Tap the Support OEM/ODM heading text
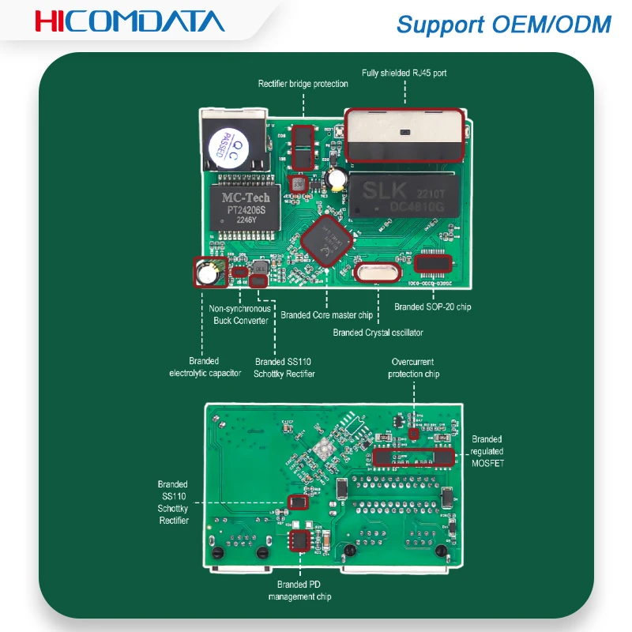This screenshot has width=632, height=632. coord(503,24)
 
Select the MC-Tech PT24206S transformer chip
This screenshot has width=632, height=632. coord(245,209)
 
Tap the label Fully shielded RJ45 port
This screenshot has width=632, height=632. coord(404,73)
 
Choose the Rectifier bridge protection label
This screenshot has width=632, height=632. coord(303,84)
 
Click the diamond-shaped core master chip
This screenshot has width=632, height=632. coord(325,242)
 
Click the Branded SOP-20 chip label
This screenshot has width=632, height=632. coord(433,307)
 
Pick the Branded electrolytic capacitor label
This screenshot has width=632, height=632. coord(205,367)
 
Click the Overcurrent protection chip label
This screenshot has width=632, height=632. coord(414,367)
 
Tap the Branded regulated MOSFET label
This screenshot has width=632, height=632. coord(487,451)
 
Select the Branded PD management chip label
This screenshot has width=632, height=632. coord(299,590)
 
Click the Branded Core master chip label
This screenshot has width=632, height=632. coord(326,315)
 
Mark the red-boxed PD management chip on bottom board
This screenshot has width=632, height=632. coord(299,540)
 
